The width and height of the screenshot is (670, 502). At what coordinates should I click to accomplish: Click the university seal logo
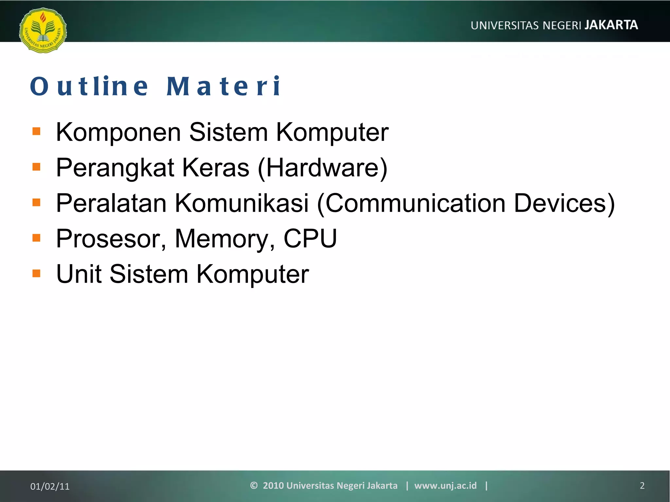(43, 30)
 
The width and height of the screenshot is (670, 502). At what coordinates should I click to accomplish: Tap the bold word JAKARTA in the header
(611, 25)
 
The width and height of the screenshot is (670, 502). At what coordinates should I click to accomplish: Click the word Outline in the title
(89, 86)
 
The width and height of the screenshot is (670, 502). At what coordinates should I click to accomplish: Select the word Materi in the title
(223, 86)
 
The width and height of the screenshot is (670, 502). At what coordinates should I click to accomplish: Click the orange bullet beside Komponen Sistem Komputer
(36, 131)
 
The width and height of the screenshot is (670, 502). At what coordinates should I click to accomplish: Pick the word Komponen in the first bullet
(118, 132)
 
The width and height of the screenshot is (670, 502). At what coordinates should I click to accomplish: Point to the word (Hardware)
(323, 168)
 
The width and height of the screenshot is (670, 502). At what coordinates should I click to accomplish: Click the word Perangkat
(115, 168)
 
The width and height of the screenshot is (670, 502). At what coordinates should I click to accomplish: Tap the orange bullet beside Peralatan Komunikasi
(36, 202)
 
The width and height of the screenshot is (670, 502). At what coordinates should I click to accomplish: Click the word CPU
(310, 238)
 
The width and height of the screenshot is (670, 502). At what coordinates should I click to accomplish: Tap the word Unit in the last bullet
(79, 274)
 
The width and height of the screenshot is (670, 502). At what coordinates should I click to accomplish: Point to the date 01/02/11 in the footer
(50, 486)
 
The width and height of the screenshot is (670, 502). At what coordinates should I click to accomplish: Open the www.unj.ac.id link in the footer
(445, 485)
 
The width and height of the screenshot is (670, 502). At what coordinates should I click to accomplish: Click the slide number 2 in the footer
(642, 486)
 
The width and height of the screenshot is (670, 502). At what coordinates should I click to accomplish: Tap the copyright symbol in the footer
(254, 485)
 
